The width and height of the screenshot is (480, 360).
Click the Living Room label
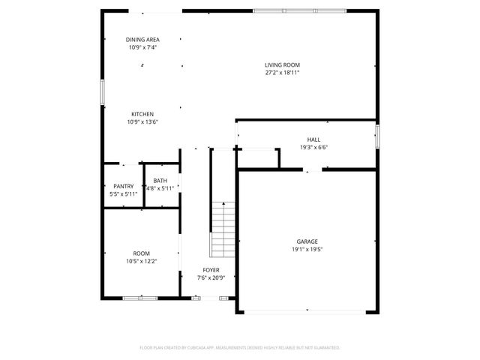[282, 65]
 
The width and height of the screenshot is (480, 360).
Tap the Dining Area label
[142, 40]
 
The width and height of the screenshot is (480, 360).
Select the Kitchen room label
[142, 114]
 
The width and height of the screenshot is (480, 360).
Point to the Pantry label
[124, 186]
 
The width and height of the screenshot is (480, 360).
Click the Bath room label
[160, 181]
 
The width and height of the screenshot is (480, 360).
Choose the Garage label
[308, 241]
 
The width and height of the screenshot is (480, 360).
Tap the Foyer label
[211, 270]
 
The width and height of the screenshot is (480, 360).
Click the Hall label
[313, 139]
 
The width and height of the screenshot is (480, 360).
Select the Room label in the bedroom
[141, 253]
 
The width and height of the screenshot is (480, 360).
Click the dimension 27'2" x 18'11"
[282, 73]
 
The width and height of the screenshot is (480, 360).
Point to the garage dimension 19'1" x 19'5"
[308, 249]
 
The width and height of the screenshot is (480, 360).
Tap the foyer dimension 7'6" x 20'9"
[211, 277]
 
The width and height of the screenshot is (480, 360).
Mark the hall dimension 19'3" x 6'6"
[313, 147]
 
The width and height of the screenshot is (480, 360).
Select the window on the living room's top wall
[299, 10]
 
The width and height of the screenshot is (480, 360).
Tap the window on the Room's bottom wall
[141, 298]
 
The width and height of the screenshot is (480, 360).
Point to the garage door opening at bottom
[308, 312]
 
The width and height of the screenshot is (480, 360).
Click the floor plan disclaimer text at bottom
[240, 348]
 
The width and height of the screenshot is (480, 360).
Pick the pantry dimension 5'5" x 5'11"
[124, 193]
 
